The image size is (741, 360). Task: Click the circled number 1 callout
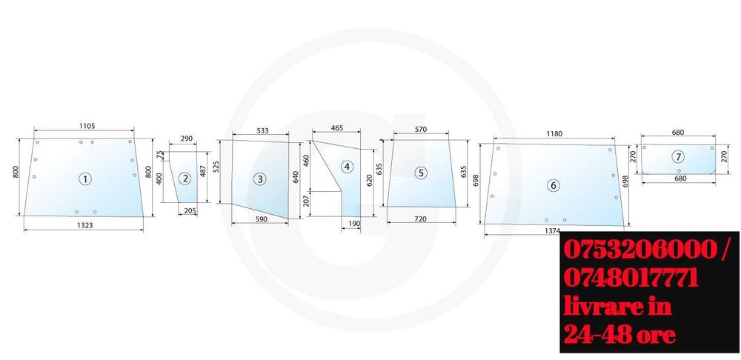click(x=85, y=179)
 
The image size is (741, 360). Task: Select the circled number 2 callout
click(x=185, y=178)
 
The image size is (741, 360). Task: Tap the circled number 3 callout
click(x=259, y=179)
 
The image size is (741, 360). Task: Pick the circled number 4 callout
click(x=348, y=167)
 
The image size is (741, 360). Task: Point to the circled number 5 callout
click(x=421, y=173)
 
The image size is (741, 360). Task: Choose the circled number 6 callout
click(x=554, y=185)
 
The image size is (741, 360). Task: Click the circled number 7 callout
click(x=678, y=157)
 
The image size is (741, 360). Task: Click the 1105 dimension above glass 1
click(x=87, y=126)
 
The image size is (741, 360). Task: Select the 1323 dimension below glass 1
click(x=84, y=225)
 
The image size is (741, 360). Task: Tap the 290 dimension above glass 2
click(x=187, y=139)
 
